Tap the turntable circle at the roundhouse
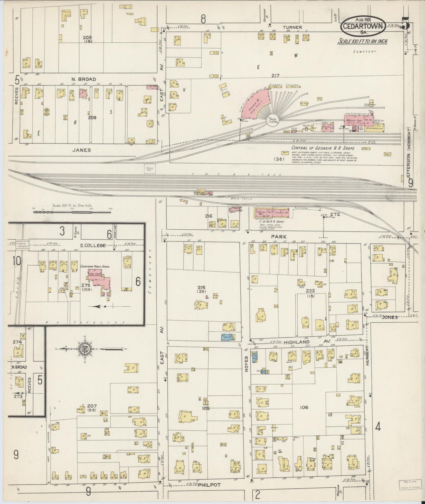coord(273,121)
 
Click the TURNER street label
coord(291,27)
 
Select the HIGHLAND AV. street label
coord(297,342)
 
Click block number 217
coord(275,76)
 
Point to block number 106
coord(304,407)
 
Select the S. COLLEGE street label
coord(93,245)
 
